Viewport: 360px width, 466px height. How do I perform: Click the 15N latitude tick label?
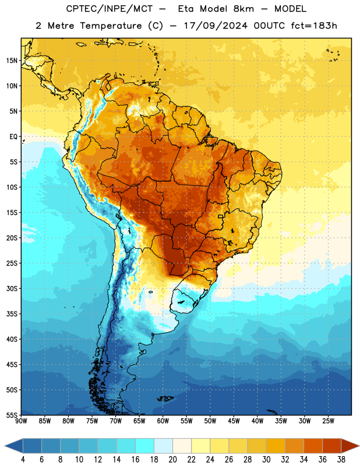point(12,61)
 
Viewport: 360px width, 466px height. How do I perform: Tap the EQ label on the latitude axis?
point(13,137)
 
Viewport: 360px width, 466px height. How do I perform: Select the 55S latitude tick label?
point(12,415)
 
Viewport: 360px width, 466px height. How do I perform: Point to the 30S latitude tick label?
point(12,288)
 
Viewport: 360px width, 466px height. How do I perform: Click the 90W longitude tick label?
point(21,421)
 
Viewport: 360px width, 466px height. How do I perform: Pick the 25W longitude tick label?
point(328,421)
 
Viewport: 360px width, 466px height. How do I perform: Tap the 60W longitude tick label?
point(163,421)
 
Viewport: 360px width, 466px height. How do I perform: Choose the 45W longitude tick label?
point(234,421)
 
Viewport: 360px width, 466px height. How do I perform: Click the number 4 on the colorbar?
point(23,460)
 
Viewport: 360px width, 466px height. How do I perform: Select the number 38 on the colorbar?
point(341,460)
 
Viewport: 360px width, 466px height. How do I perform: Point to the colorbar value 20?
point(172,460)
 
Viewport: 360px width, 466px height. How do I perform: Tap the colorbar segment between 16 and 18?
point(145,446)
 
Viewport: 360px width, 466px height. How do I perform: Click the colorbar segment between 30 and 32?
point(276,446)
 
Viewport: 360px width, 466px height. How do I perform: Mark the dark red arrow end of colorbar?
point(351,446)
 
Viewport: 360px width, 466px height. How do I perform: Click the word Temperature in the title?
point(111,26)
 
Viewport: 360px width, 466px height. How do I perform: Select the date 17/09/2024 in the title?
point(216,26)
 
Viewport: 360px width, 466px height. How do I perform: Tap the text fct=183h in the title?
point(314,26)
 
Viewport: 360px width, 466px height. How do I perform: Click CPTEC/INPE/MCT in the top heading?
point(109,9)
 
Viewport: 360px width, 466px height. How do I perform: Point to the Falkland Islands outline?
point(165,398)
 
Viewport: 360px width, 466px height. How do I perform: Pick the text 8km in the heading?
point(243,9)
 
